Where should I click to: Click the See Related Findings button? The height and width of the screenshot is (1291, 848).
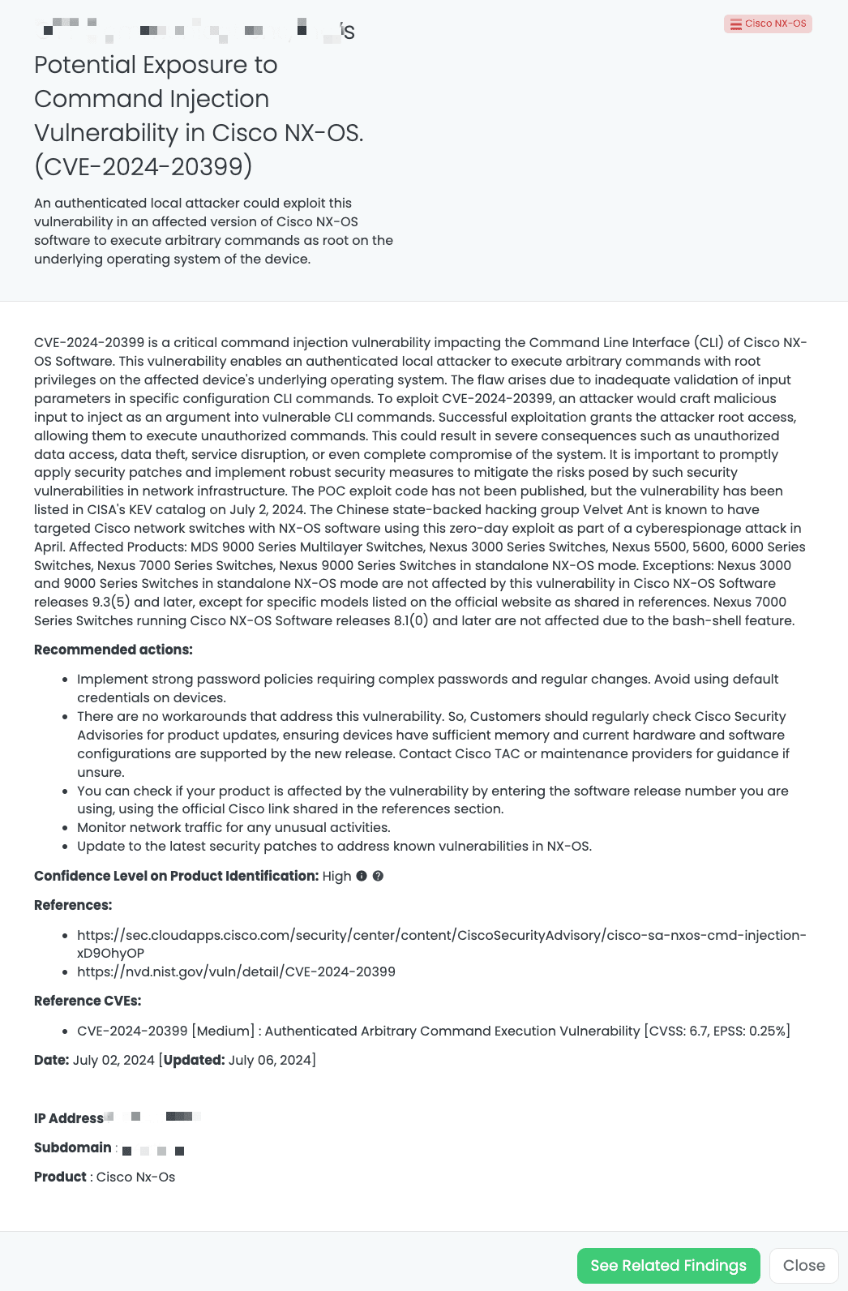[668, 1266]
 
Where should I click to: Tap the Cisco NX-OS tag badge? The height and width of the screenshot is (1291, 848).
[768, 24]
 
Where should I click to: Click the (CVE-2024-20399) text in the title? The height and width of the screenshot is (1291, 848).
[143, 166]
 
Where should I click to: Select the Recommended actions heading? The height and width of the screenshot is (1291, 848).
[113, 650]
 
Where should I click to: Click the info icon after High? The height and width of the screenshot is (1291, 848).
[362, 876]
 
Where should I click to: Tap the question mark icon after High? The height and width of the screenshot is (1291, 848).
[378, 876]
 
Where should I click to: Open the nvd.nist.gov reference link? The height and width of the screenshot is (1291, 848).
[236, 971]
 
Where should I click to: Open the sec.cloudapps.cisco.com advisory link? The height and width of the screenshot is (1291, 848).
[441, 935]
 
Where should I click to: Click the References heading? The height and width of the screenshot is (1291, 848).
[73, 905]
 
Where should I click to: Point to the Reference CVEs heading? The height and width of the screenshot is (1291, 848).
[88, 1001]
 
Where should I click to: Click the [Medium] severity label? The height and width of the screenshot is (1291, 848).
[223, 1031]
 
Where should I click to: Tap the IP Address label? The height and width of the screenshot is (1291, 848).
[69, 1118]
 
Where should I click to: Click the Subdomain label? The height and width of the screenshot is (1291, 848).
[73, 1147]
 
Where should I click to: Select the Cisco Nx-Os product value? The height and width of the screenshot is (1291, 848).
[135, 1177]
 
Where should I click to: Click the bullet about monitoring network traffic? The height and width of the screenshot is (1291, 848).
[233, 827]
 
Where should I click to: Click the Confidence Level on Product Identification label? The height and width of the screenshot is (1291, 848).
[176, 876]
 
